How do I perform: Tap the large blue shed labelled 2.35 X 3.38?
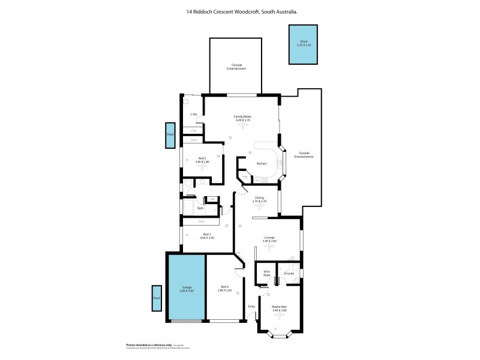pyautogui.click(x=303, y=44)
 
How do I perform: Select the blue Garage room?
pyautogui.click(x=186, y=288)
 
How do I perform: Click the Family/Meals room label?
pyautogui.click(x=242, y=116)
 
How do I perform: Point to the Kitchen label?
pyautogui.click(x=262, y=163)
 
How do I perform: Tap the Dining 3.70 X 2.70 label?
pyautogui.click(x=259, y=199)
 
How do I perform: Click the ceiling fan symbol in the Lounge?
pyautogui.click(x=269, y=247)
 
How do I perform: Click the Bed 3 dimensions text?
pyautogui.click(x=207, y=238)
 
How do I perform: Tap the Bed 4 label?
pyautogui.click(x=225, y=287)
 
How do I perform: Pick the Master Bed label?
pyautogui.click(x=279, y=308)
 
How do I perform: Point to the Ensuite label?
pyautogui.click(x=289, y=274)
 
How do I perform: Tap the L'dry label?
pyautogui.click(x=194, y=114)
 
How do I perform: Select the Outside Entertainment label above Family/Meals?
pyautogui.click(x=235, y=67)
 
